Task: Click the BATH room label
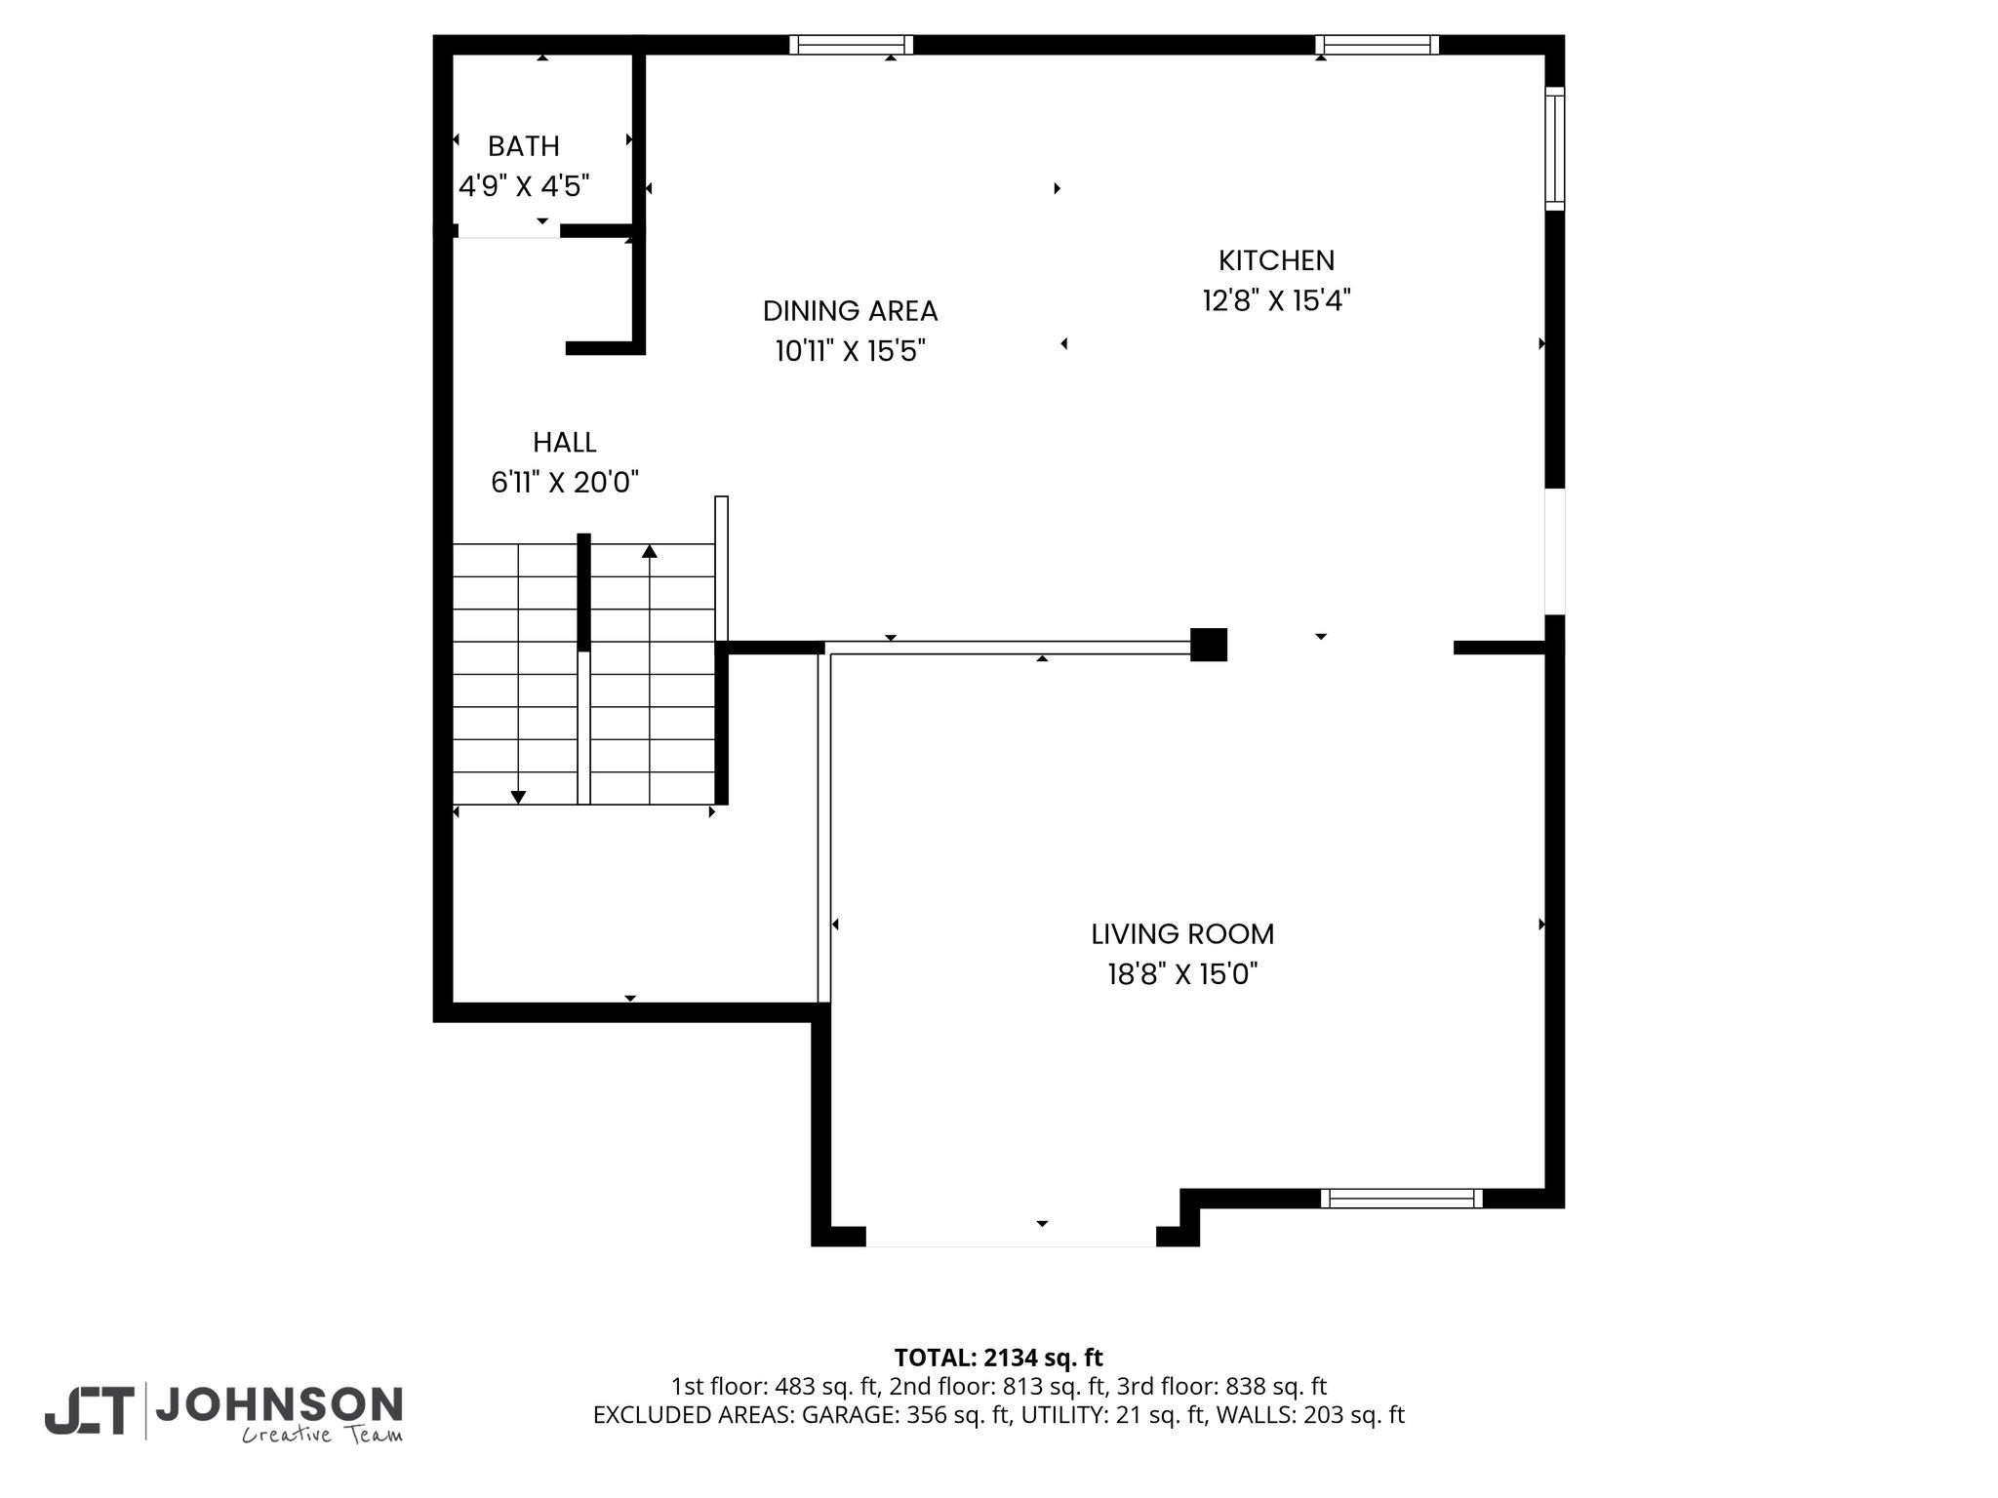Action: [524, 146]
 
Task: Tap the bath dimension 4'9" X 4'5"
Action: [524, 185]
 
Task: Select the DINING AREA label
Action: [850, 311]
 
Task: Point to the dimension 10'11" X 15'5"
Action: [850, 350]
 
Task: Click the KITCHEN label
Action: [1276, 260]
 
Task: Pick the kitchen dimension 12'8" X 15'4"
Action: [1276, 299]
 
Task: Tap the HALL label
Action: [565, 443]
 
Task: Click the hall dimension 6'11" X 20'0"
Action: [565, 482]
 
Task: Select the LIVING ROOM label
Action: [1182, 934]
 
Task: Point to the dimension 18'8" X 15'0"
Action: [1182, 973]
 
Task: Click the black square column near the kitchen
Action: [1209, 645]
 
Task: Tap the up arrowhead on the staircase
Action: [650, 551]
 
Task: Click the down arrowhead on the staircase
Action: [518, 798]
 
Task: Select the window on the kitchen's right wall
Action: [1555, 148]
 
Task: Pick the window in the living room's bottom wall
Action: [1402, 1199]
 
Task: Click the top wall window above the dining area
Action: [851, 45]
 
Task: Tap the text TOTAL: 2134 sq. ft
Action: [999, 1358]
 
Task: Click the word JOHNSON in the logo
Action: [279, 1404]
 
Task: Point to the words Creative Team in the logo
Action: [322, 1435]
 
